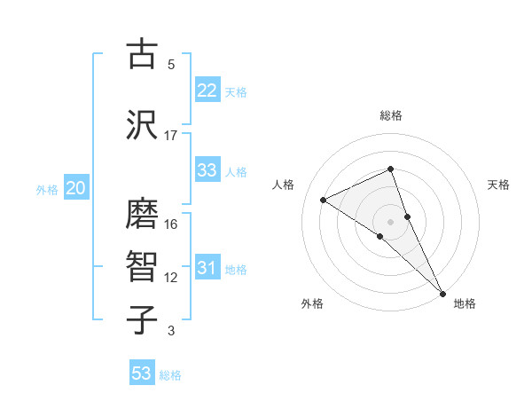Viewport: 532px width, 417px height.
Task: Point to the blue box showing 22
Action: pyautogui.click(x=207, y=90)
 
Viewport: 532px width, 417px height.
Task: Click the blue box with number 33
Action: pyautogui.click(x=207, y=170)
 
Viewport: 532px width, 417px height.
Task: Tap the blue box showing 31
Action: pyautogui.click(x=207, y=268)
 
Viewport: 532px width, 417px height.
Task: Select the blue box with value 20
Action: pyautogui.click(x=76, y=188)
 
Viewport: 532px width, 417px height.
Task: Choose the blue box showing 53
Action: pyautogui.click(x=142, y=374)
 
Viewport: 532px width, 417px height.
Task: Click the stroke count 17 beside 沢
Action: pyautogui.click(x=171, y=136)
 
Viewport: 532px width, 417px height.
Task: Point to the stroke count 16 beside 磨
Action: pyautogui.click(x=171, y=224)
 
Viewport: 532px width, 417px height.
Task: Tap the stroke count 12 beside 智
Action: pyautogui.click(x=171, y=278)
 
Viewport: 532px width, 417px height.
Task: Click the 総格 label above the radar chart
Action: pyautogui.click(x=391, y=115)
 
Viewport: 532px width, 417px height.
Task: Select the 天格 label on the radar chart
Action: pyautogui.click(x=499, y=185)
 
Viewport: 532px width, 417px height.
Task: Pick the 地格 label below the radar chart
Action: pyautogui.click(x=465, y=303)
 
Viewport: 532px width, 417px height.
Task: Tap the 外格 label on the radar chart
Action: pyautogui.click(x=312, y=303)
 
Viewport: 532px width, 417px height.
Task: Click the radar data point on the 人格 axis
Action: pyautogui.click(x=324, y=200)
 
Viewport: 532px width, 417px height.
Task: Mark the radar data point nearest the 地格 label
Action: pyautogui.click(x=442, y=292)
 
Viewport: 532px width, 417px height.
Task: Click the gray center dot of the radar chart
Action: pyautogui.click(x=390, y=221)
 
